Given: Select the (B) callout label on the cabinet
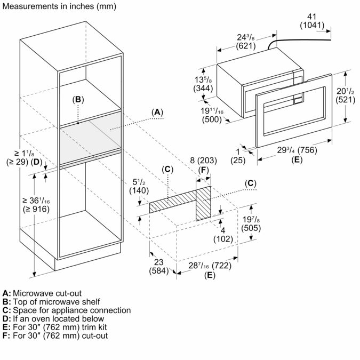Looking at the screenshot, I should click(x=78, y=99).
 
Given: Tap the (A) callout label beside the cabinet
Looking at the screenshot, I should click(x=156, y=112).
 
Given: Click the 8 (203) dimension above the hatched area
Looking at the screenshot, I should click(x=203, y=161).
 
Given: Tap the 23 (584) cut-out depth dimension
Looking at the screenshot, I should click(x=157, y=266).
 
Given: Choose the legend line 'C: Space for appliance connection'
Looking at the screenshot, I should click(x=67, y=310).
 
